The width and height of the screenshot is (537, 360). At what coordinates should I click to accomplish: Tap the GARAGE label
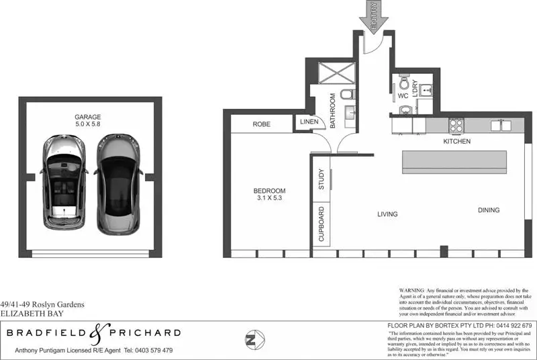click(88, 117)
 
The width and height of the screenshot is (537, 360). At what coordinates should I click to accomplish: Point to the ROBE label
click(262, 124)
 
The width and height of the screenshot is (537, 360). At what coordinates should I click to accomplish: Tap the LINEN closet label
click(309, 122)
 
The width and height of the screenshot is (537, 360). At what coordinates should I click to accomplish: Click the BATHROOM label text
click(332, 105)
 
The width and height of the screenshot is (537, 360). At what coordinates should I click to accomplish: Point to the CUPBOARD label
click(322, 224)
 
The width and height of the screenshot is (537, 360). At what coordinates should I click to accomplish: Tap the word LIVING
click(387, 214)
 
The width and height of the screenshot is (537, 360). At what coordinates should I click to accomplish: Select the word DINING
click(489, 210)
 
